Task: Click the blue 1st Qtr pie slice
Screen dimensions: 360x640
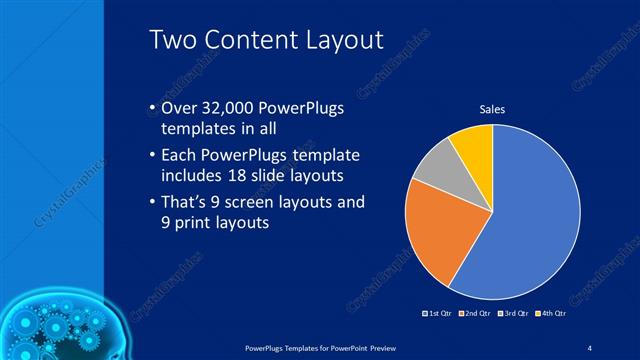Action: (530, 220)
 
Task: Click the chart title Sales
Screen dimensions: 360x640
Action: (492, 108)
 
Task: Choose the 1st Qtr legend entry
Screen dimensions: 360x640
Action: (439, 313)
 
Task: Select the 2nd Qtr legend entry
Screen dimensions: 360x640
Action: (476, 313)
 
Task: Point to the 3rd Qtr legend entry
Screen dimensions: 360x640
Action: (513, 313)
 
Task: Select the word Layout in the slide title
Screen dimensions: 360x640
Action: (340, 41)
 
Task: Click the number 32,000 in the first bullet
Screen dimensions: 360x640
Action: (226, 108)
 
